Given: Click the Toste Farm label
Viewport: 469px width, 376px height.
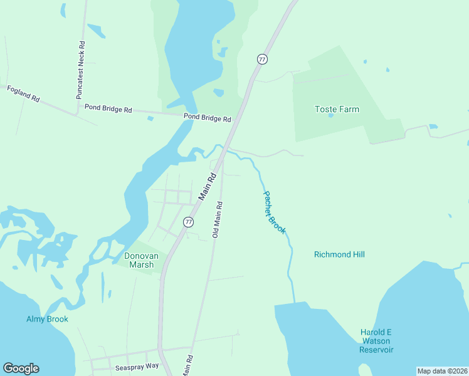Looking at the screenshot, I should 337,109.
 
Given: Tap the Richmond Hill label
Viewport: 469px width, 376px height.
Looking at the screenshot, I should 339,254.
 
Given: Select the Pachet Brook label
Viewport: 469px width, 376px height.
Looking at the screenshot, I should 274,212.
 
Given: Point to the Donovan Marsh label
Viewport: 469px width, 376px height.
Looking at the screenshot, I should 139,260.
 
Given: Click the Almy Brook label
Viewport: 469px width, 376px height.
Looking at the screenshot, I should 47,319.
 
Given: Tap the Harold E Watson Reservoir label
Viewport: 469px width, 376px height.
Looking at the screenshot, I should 376,341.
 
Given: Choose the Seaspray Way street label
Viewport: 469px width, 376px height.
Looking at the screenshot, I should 134,365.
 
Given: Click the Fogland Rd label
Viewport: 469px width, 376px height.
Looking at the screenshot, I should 23,94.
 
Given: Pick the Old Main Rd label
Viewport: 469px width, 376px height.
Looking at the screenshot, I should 218,219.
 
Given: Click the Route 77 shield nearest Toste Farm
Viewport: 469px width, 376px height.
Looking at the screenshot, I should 262,59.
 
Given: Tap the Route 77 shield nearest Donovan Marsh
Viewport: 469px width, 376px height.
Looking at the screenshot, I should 188,222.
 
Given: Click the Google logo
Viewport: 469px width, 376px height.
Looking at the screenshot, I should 21,368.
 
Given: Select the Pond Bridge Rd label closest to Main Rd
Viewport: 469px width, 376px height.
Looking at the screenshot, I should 207,118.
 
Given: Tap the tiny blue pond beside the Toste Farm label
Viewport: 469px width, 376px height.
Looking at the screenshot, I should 330,115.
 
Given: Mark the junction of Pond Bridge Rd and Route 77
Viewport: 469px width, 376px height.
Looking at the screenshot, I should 239,119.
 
